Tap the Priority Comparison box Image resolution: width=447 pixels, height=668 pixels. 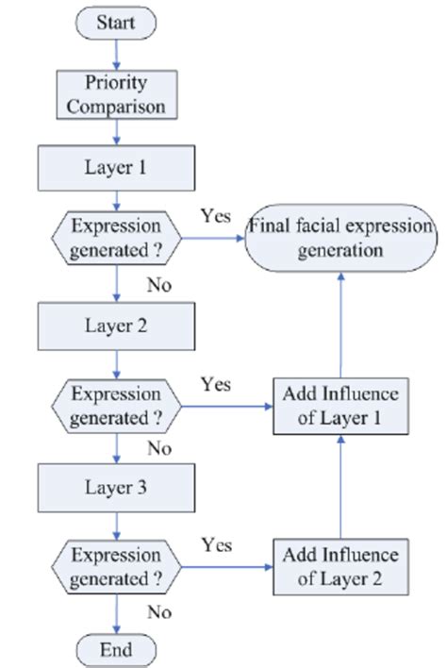pos(116,94)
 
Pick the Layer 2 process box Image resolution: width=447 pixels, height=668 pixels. pos(116,326)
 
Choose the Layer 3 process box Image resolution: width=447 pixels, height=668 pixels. pos(116,488)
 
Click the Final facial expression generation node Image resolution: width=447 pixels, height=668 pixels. pos(339,240)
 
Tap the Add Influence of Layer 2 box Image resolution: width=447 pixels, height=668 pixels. pos(337,567)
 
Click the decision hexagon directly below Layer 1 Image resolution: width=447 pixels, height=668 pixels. pos(116,240)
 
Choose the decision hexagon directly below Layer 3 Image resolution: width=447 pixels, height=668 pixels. pos(116,567)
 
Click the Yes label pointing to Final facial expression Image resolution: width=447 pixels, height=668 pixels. pos(215,216)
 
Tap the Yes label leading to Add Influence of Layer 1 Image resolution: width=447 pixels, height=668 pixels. pos(217,384)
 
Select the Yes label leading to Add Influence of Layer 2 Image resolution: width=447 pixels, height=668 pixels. pos(217,544)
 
